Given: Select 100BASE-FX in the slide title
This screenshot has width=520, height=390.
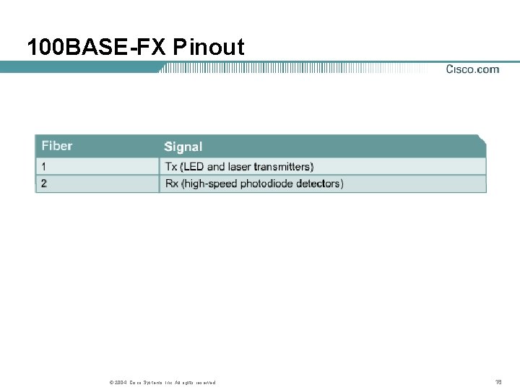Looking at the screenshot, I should [x=97, y=48].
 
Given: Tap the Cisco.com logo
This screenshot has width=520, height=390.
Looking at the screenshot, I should [x=472, y=69].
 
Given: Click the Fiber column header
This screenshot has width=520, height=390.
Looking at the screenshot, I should [x=57, y=146].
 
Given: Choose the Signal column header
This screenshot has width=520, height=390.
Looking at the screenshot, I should [x=183, y=147].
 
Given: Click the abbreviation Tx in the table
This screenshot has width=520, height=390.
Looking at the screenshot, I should [x=171, y=167].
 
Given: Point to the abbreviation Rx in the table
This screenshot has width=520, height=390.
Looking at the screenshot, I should [x=172, y=184].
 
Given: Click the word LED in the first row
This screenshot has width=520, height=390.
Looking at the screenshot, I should [x=194, y=167].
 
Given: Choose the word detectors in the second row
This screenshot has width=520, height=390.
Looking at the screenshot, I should [x=318, y=184].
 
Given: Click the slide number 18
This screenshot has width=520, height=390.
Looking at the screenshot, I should [x=498, y=382].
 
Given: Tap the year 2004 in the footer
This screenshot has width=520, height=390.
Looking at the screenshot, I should [x=119, y=383].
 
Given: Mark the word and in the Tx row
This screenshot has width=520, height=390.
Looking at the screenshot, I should [x=217, y=167].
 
